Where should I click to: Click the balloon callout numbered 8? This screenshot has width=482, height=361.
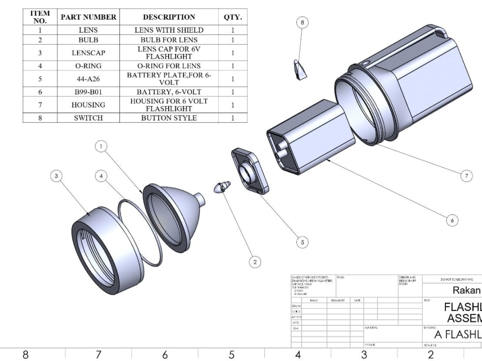tap(302, 22)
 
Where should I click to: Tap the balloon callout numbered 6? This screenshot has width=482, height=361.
tap(452, 220)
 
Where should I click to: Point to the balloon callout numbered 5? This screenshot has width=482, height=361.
tap(302, 243)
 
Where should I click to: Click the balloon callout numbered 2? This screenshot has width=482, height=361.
tap(254, 262)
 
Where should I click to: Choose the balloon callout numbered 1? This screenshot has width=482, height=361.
tap(101, 146)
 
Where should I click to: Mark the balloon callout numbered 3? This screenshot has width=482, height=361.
tap(56, 176)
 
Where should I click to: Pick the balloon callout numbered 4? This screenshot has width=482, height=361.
tap(101, 176)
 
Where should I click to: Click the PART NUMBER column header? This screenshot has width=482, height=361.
tap(88, 17)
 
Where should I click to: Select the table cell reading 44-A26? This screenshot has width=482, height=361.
tap(88, 79)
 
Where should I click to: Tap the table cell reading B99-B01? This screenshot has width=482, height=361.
tap(88, 92)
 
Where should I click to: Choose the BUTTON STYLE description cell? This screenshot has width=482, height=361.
tap(169, 118)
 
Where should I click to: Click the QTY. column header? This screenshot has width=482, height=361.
tap(232, 17)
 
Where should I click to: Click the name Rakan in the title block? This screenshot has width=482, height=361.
tap(466, 290)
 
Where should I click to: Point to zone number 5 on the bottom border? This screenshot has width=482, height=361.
tap(231, 355)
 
